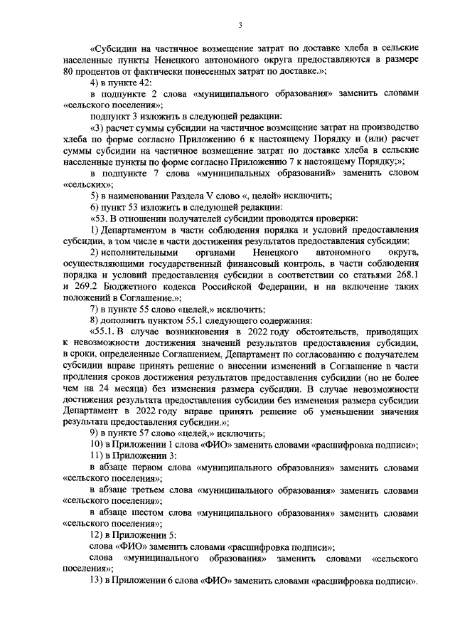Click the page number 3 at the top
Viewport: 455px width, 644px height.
pos(240,26)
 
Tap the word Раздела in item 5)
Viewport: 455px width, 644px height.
pos(192,196)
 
